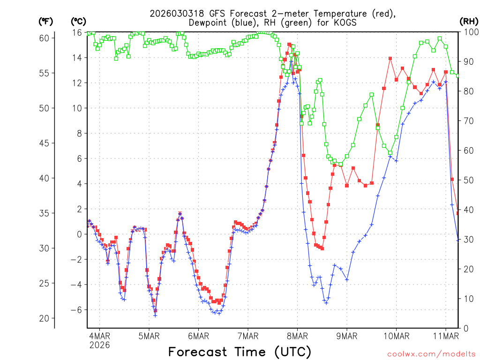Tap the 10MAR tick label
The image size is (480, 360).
[x=396, y=336]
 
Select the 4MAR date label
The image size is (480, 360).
[x=99, y=336]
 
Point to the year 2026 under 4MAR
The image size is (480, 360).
[x=99, y=345]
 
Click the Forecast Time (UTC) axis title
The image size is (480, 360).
[x=240, y=352]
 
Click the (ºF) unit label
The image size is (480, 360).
[x=46, y=21]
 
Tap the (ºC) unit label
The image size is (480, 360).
[x=78, y=21]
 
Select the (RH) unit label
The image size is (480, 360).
[x=468, y=21]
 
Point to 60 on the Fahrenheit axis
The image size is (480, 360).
[x=45, y=38]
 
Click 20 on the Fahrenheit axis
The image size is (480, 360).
[x=45, y=318]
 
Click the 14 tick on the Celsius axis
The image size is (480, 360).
[x=76, y=58]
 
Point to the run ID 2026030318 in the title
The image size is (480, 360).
[x=177, y=13]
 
